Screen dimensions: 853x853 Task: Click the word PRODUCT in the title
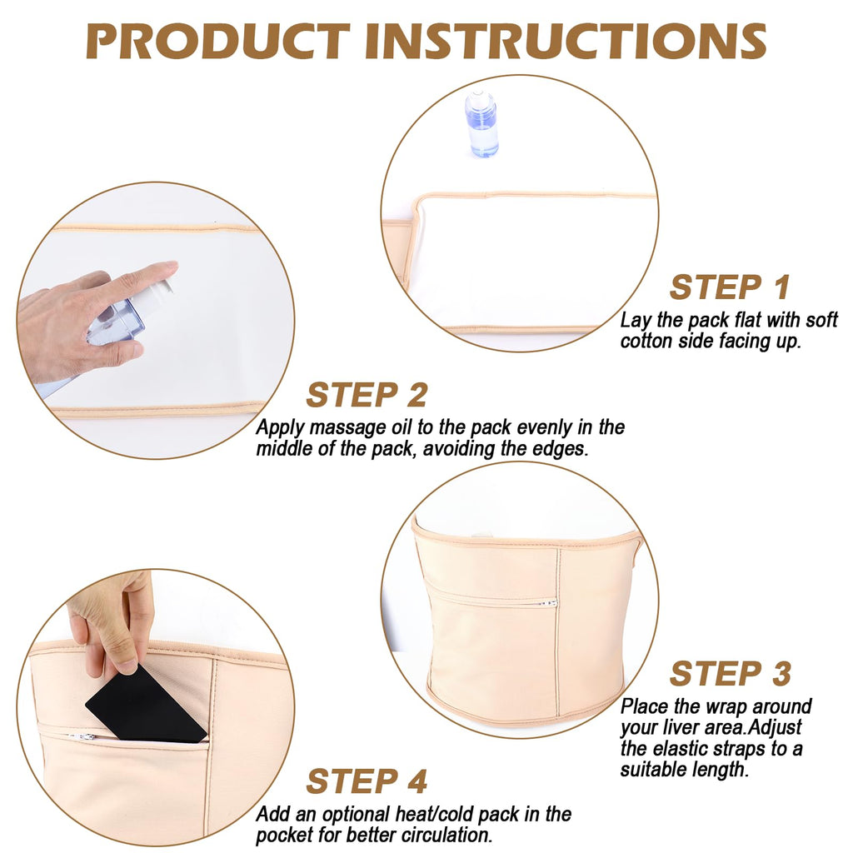click(217, 41)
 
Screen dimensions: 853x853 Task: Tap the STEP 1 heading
click(730, 287)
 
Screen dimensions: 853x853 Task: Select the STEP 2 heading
click(367, 394)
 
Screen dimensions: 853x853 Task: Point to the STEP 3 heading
click(730, 673)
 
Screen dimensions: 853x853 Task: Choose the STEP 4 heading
click(367, 781)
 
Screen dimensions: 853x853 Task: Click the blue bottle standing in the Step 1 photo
click(481, 124)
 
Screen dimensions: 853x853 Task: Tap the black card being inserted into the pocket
click(146, 704)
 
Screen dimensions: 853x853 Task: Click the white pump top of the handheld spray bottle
click(154, 298)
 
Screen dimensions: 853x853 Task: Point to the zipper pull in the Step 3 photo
click(548, 603)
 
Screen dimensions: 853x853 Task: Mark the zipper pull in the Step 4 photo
click(82, 737)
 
